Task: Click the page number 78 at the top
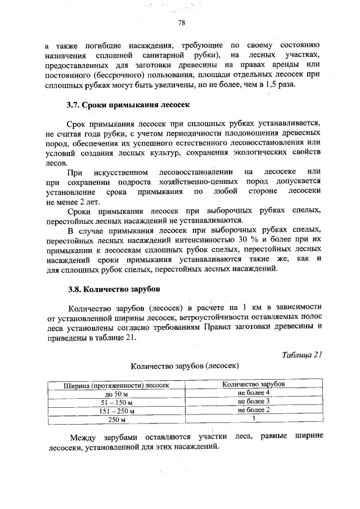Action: tap(181, 23)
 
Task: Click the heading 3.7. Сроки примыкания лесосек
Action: tap(129, 105)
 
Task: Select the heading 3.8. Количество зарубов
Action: tap(114, 290)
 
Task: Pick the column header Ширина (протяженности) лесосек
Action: tap(116, 386)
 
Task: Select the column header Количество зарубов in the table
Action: tap(253, 384)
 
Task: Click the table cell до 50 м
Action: tap(116, 395)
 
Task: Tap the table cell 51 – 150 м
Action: tap(116, 403)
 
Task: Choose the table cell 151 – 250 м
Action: tap(116, 411)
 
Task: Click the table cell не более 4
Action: tap(254, 393)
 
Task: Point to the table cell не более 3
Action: tap(254, 401)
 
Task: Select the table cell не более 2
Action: tap(254, 409)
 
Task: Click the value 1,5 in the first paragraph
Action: tap(268, 84)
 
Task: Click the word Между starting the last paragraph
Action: tap(84, 437)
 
